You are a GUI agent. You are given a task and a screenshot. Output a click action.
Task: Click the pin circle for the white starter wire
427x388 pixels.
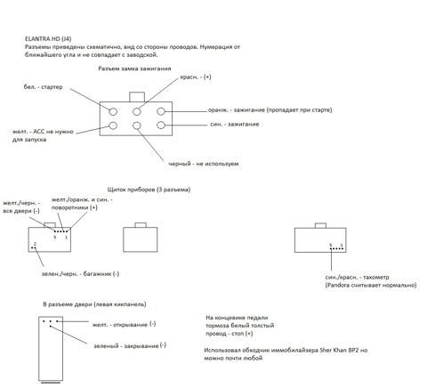point(113,112)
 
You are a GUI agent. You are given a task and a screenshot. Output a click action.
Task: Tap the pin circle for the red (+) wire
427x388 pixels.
point(137,112)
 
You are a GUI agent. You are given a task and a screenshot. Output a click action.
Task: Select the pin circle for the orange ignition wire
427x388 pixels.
point(161,111)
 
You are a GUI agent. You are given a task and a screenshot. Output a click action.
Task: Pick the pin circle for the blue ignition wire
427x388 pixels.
point(161,125)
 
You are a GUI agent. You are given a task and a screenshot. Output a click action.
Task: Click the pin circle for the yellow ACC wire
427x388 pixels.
point(113,125)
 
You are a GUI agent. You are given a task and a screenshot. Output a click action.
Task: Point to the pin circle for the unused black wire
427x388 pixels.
point(137,125)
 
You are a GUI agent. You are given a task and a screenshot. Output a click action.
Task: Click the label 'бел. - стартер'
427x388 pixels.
point(44,87)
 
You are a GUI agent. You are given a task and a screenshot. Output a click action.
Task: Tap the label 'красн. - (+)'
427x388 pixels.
point(196,77)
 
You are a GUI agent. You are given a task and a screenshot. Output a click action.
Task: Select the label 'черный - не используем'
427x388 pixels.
point(204,164)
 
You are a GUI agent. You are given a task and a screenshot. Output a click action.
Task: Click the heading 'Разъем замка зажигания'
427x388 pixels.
point(134,69)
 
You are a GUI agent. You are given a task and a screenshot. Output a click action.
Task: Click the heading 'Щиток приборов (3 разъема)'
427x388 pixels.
point(149,190)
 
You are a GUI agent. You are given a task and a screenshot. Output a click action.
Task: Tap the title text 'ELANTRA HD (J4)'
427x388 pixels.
point(48,39)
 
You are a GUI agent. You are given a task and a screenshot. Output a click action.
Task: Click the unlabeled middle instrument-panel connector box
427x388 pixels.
point(141,239)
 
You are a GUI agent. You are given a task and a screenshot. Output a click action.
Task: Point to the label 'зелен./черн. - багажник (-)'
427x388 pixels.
point(80,274)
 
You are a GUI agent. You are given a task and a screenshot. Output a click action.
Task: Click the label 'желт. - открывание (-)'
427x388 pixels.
point(124,324)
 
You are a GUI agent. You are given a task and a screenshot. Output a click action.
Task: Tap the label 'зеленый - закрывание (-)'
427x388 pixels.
point(130,345)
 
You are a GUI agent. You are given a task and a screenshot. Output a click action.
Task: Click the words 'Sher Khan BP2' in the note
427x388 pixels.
point(339,350)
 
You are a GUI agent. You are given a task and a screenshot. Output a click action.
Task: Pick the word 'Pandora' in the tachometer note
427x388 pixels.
point(337,286)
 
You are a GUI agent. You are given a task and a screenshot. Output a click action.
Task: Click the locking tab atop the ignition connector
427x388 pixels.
point(137,97)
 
